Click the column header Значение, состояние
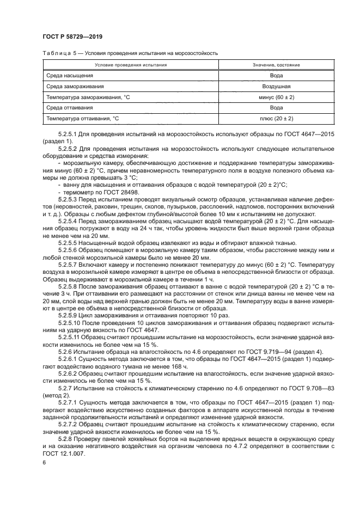(x=276, y=65)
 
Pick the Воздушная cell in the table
(x=276, y=86)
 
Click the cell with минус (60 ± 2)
(x=276, y=96)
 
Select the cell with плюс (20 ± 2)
(x=276, y=118)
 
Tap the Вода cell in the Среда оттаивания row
(x=276, y=107)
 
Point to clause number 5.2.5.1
(x=69, y=133)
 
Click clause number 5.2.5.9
(x=69, y=314)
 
